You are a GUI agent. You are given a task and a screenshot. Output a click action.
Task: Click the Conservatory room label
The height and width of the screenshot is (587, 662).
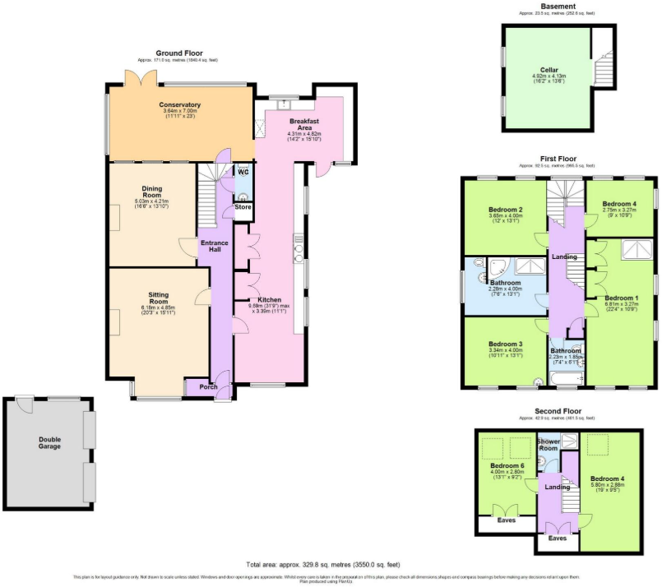[180, 105]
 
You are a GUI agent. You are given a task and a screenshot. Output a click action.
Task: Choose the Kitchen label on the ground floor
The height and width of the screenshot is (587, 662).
[270, 300]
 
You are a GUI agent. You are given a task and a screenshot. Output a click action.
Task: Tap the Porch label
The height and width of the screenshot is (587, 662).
[197, 386]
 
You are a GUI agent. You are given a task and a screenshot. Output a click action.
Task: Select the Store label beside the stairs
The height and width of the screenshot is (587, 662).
[243, 206]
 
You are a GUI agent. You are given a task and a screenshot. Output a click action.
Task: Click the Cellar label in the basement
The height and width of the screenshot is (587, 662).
[549, 70]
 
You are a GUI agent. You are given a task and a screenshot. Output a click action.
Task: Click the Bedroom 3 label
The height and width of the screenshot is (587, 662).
[505, 344]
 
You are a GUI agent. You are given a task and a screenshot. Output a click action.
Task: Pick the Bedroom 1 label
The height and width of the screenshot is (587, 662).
[622, 298]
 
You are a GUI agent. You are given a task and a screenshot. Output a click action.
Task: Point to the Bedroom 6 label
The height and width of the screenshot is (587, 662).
[507, 466]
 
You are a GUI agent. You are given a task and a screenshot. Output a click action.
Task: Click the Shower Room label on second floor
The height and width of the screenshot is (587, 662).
[549, 445]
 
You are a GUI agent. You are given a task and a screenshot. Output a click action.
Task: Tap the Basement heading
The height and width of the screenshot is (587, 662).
[559, 7]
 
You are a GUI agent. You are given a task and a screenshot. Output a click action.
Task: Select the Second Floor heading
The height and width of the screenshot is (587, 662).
[559, 410]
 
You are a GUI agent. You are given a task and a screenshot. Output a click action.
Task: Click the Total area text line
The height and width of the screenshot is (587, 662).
[323, 565]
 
